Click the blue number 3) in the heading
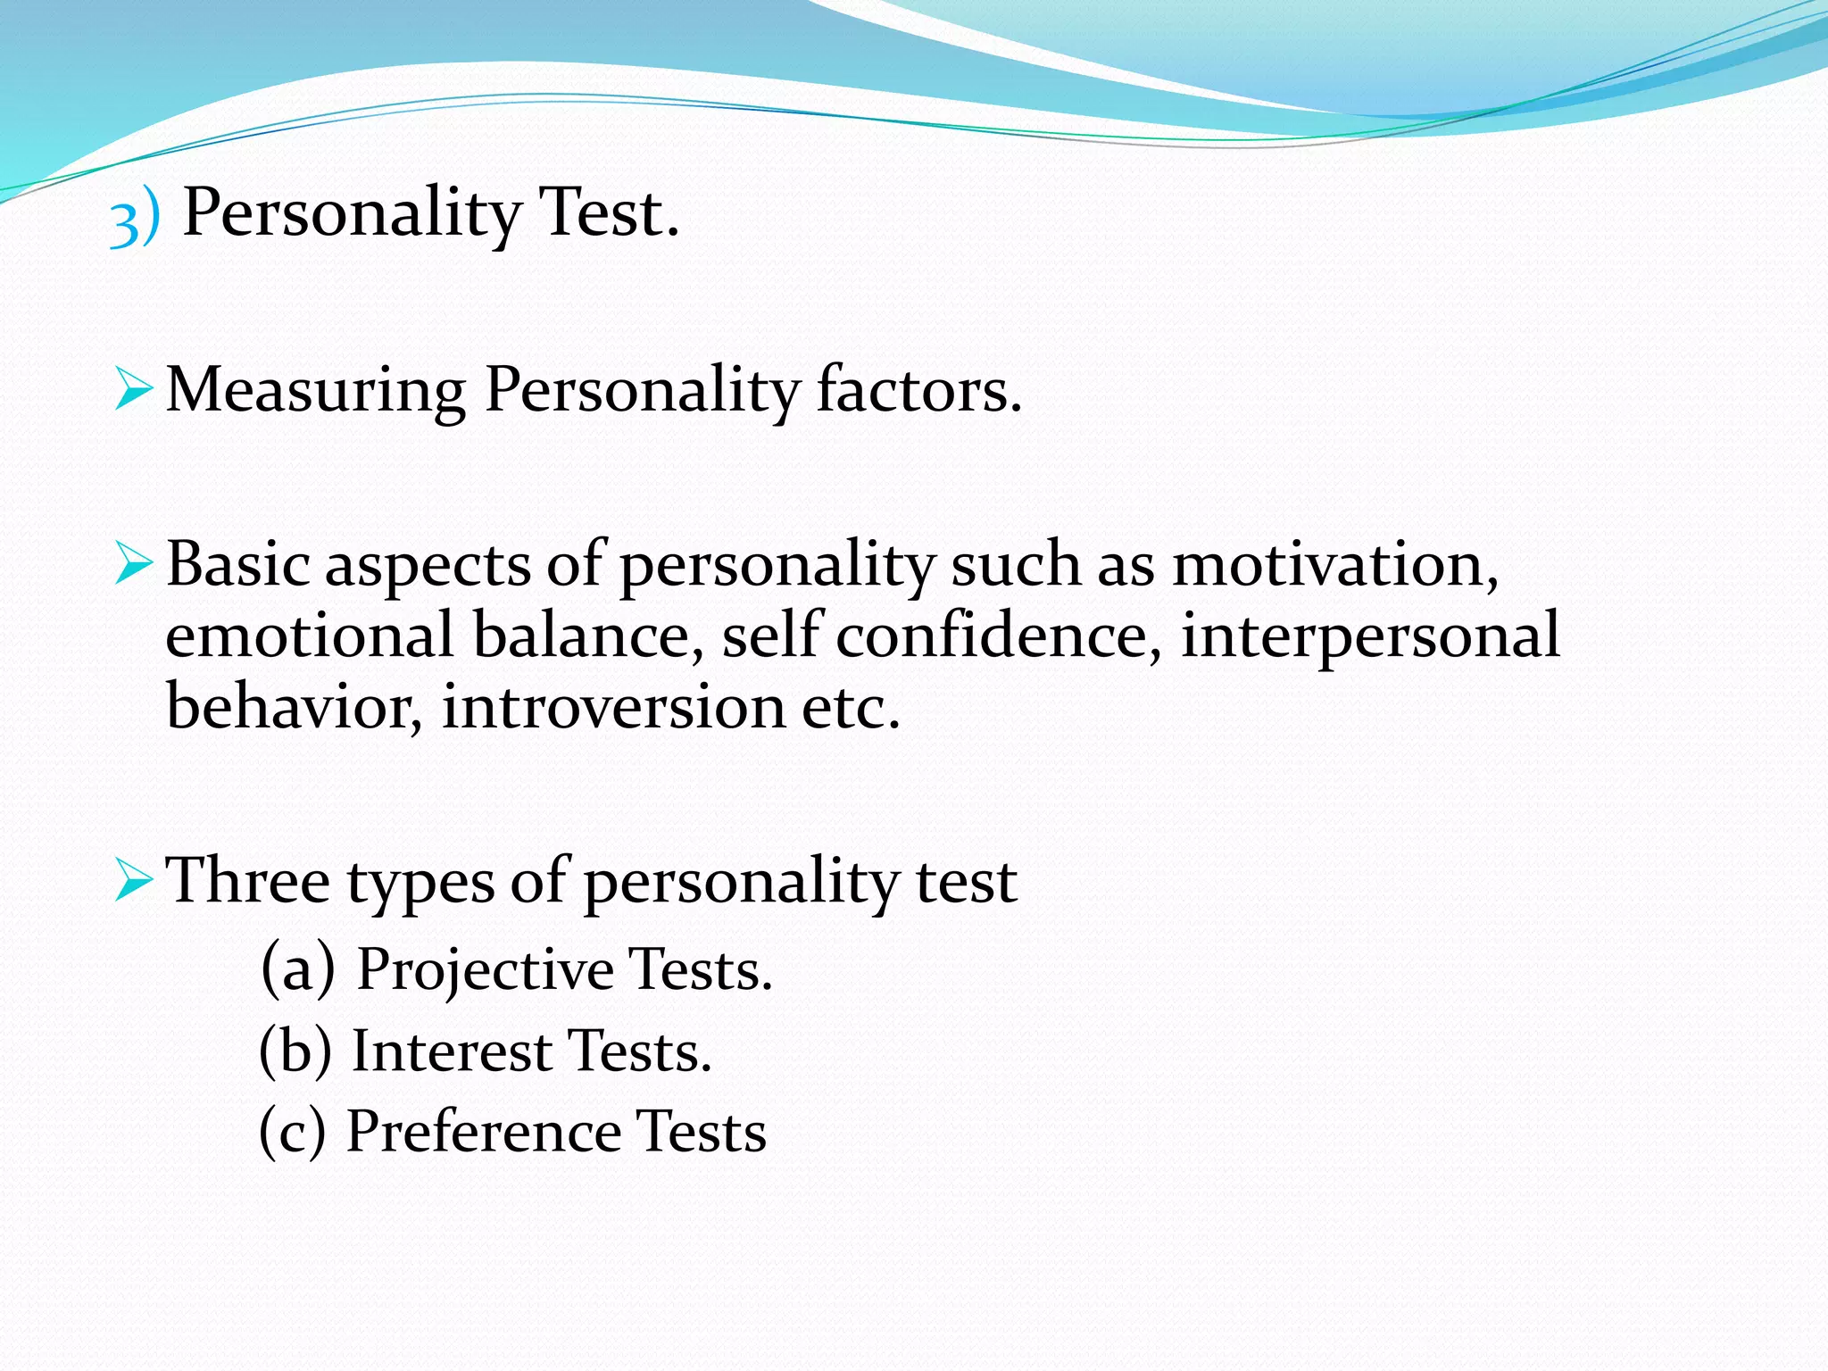(x=135, y=217)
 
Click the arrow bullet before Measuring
(x=133, y=391)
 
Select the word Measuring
(x=316, y=391)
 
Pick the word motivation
(x=1334, y=565)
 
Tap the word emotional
(x=310, y=635)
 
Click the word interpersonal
(x=1370, y=636)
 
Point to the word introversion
(x=613, y=706)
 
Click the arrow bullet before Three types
(x=133, y=882)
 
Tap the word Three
(x=248, y=881)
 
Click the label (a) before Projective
(x=298, y=969)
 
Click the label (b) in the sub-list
(x=295, y=1051)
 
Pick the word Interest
(x=452, y=1051)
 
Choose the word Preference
(x=483, y=1132)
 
